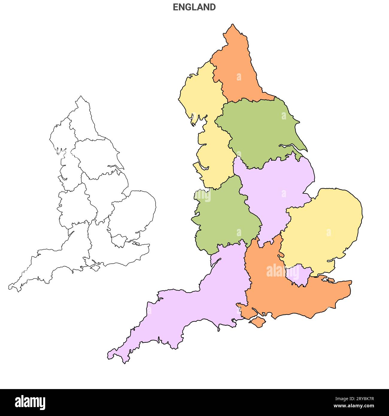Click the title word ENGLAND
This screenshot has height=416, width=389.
click(194, 7)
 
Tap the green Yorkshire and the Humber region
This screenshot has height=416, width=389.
click(260, 132)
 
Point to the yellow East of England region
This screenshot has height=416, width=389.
click(323, 227)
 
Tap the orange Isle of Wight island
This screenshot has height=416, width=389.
click(256, 322)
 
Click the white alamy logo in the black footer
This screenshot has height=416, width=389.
click(30, 403)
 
